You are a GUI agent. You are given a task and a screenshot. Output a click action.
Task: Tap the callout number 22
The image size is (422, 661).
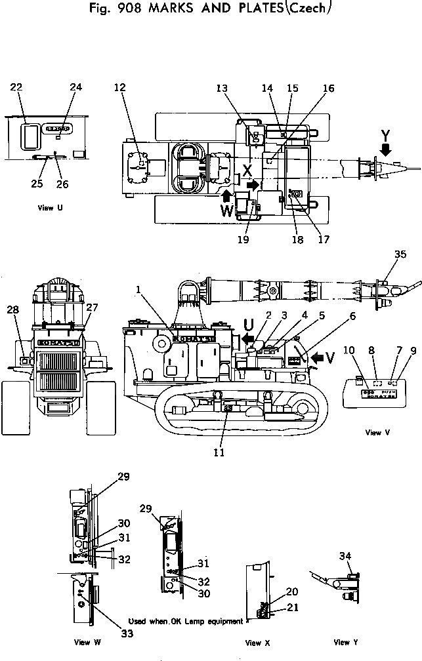click(x=17, y=87)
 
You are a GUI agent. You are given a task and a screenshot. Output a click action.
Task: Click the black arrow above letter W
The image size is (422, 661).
click(x=226, y=195)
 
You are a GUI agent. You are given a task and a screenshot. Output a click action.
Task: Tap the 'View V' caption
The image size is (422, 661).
click(x=373, y=432)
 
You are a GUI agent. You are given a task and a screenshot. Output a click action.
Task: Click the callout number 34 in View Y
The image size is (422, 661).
click(x=345, y=557)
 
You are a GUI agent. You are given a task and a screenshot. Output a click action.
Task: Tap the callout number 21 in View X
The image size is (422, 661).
click(x=292, y=608)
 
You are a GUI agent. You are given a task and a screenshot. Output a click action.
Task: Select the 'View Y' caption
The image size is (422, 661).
click(x=341, y=643)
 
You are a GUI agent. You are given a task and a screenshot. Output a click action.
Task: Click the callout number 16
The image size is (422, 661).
click(x=327, y=88)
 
